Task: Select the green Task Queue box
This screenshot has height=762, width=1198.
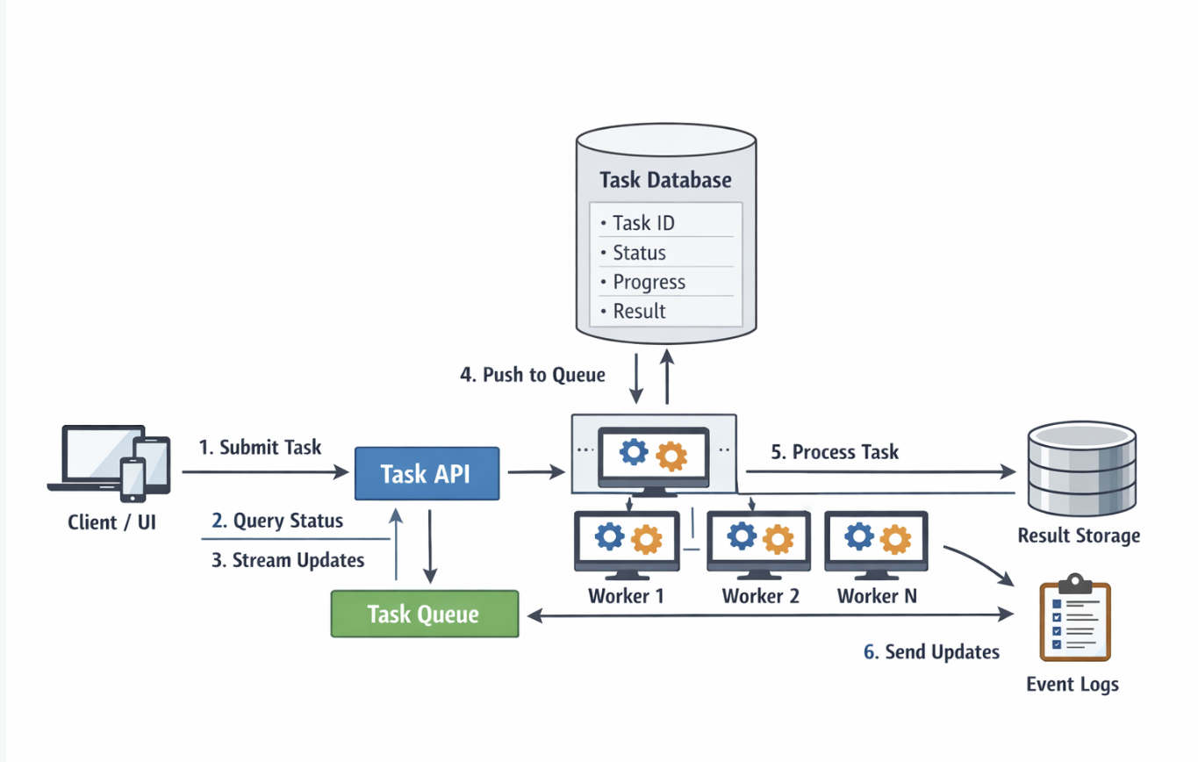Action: coord(424,614)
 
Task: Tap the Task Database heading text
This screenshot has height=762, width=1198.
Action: coord(665,180)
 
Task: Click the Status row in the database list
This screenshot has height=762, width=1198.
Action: coord(639,253)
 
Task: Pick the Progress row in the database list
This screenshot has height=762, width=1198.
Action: coord(649,282)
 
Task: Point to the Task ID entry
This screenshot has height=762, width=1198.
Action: coord(643,223)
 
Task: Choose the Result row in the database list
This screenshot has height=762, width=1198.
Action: coord(639,311)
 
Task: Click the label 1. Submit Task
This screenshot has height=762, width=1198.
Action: coord(261,447)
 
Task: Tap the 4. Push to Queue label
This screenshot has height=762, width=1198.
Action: coord(533,375)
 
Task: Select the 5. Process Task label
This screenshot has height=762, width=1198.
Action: coord(835,452)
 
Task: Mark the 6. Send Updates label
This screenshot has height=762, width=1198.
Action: coord(931,651)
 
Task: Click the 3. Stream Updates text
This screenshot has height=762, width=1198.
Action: coord(288,560)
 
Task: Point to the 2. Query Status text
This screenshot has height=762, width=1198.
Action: coord(277,521)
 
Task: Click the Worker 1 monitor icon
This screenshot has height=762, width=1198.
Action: coord(627,542)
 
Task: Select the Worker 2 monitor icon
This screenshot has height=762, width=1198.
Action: coord(760,542)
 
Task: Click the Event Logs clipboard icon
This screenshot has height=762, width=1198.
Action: coord(1074,619)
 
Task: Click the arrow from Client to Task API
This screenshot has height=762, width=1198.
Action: coord(263,472)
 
